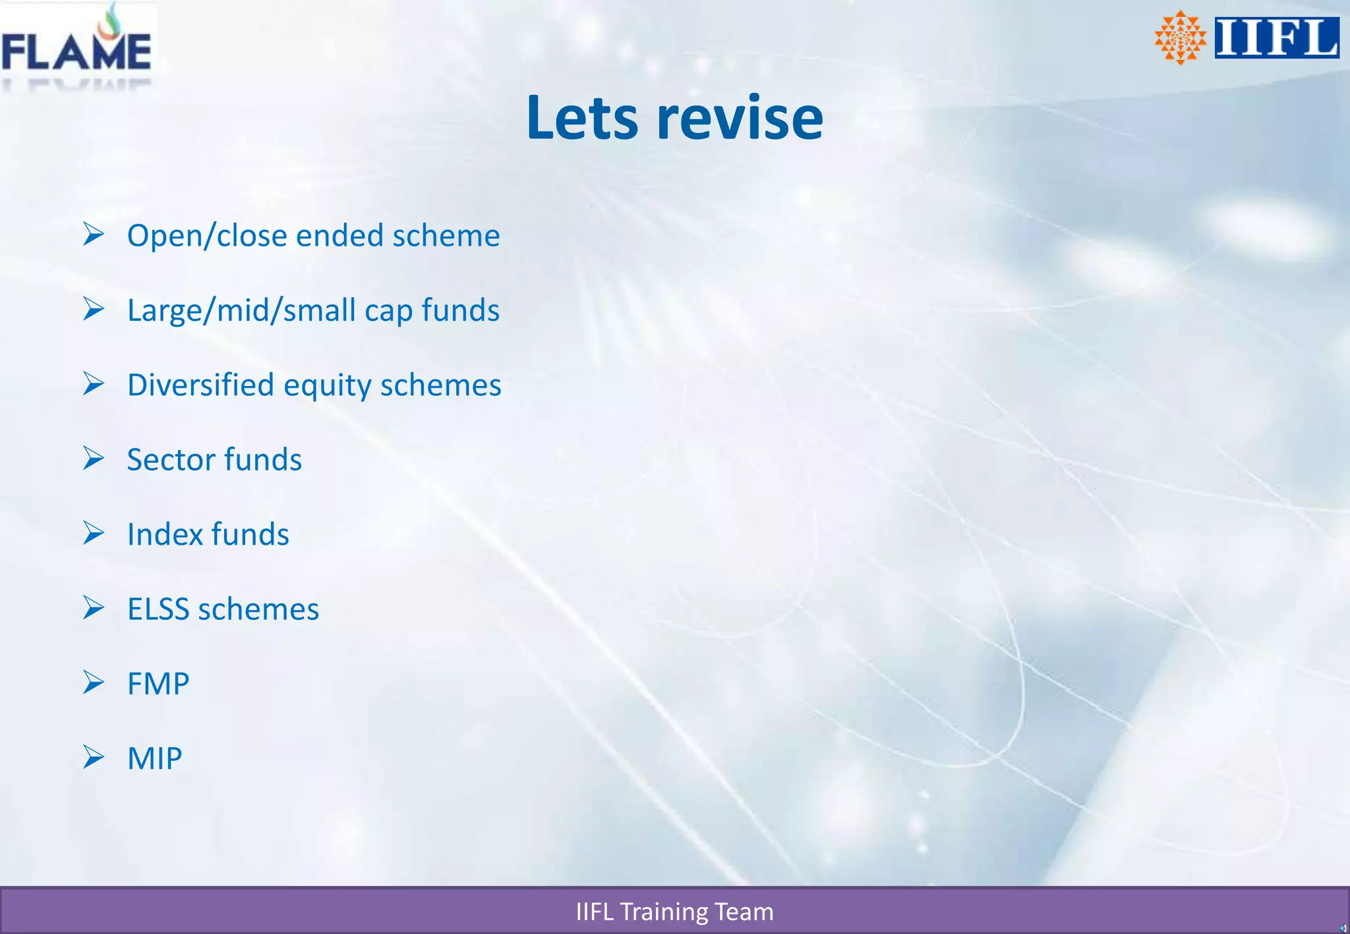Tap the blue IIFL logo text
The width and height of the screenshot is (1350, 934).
pyautogui.click(x=1276, y=38)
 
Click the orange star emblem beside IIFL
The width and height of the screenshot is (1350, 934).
pyautogui.click(x=1180, y=38)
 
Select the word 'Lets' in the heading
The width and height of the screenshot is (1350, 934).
pyautogui.click(x=582, y=118)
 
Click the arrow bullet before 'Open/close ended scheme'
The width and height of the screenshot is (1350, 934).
pyautogui.click(x=94, y=234)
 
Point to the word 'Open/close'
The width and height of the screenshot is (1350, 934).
pyautogui.click(x=207, y=236)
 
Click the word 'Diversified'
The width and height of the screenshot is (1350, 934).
pyautogui.click(x=200, y=385)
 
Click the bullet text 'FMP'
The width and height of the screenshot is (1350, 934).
pyautogui.click(x=158, y=684)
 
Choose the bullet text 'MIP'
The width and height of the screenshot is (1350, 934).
pyautogui.click(x=154, y=758)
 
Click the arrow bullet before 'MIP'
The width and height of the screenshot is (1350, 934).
pyautogui.click(x=94, y=757)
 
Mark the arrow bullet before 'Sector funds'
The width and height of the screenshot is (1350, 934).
pyautogui.click(x=94, y=458)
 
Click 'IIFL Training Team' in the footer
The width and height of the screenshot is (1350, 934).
pyautogui.click(x=674, y=912)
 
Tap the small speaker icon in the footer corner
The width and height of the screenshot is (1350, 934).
pyautogui.click(x=1342, y=928)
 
